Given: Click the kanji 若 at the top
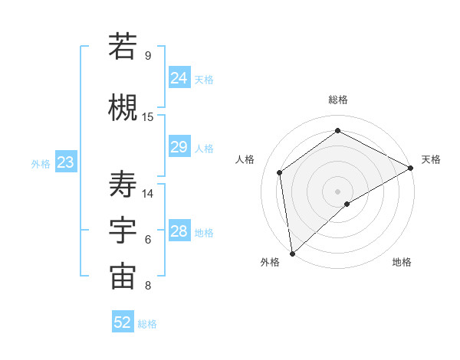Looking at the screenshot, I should tap(123, 47).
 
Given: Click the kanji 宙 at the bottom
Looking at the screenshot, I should tap(123, 277).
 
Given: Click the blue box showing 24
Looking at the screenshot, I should tap(179, 78).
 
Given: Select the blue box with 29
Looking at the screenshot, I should tap(179, 147).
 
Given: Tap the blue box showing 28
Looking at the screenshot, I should tap(179, 231).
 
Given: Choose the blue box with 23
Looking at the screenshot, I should tap(65, 162).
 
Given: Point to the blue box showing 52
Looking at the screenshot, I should tap(123, 322).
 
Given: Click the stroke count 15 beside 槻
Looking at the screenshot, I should tap(148, 117).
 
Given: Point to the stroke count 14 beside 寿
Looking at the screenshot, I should tap(148, 194).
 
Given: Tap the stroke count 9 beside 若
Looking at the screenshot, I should tap(148, 56).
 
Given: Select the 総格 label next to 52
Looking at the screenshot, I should tap(148, 324).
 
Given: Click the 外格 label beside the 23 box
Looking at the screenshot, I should tap(40, 163).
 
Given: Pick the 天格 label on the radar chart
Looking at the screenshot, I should tap(431, 159).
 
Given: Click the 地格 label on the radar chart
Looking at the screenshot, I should tap(402, 262).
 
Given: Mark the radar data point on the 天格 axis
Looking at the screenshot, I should tap(411, 169).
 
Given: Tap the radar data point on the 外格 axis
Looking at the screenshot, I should tap(292, 252).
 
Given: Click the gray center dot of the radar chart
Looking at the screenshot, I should tap(337, 190).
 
